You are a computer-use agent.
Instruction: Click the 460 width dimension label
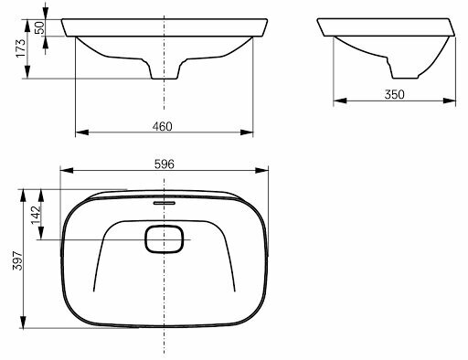[162, 126]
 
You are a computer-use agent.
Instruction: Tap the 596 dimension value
[165, 164]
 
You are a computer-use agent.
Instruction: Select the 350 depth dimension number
[394, 95]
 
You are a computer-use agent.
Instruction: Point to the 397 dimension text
[18, 260]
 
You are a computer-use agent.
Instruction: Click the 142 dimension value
[36, 215]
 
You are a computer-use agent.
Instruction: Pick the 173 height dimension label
[21, 48]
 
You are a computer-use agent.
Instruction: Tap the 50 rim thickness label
[39, 27]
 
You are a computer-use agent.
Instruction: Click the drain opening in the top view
[165, 239]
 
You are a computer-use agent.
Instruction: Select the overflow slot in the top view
[165, 203]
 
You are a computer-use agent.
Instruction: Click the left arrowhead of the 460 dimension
[81, 132]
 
